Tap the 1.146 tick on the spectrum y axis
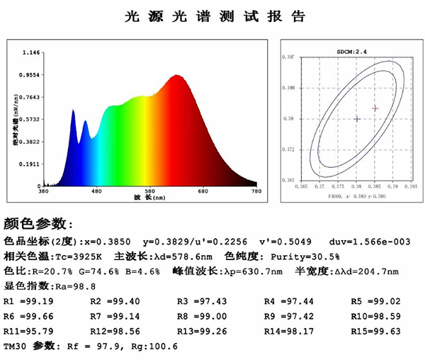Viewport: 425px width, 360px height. pyautogui.click(x=31, y=52)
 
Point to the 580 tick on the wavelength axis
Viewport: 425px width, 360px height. pyautogui.click(x=150, y=191)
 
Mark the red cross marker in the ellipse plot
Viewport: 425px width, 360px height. pyautogui.click(x=375, y=108)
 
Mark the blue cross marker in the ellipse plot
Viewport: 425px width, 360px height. pyautogui.click(x=357, y=119)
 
